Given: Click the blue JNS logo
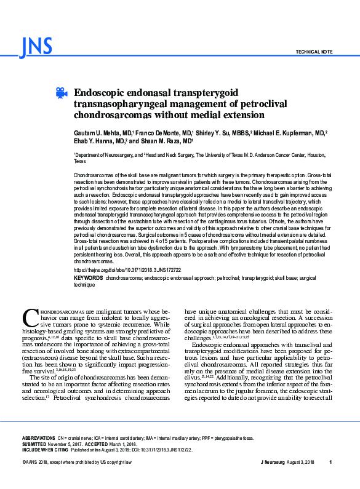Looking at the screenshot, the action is pyautogui.click(x=36, y=47).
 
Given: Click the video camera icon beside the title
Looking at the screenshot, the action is pyautogui.click(x=61, y=93).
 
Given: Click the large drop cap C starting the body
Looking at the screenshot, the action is pyautogui.click(x=30, y=318).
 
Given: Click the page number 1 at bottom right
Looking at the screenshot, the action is pyautogui.click(x=330, y=462).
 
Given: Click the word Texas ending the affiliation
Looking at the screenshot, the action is pyautogui.click(x=80, y=162).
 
